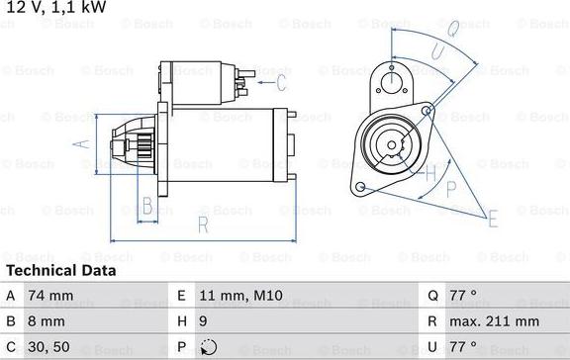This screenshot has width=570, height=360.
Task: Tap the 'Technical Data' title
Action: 60,270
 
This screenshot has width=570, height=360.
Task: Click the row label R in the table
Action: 432,321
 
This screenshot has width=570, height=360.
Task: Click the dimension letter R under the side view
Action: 203,225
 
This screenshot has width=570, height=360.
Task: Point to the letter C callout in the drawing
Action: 281,81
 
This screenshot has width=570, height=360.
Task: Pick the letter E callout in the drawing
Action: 492,221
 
